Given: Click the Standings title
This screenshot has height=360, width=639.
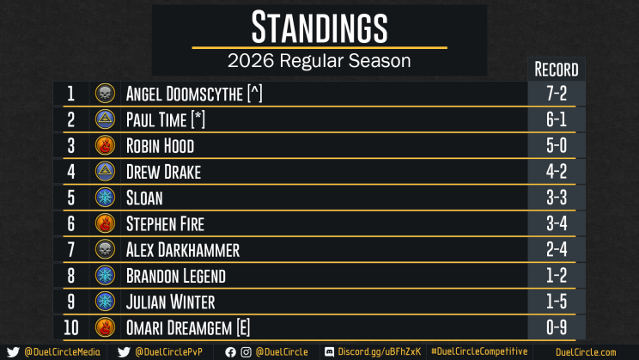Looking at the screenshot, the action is (x=319, y=27).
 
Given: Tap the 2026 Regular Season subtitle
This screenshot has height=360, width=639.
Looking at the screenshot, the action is (x=319, y=61).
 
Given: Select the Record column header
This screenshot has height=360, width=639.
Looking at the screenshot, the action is (x=557, y=70).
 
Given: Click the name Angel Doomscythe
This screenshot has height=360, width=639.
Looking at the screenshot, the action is (x=184, y=94).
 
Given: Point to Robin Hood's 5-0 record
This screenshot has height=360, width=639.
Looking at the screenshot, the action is (x=557, y=145).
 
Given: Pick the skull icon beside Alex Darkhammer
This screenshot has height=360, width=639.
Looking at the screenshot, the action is (x=105, y=249).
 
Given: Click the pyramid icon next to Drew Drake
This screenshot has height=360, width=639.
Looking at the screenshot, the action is (x=105, y=171).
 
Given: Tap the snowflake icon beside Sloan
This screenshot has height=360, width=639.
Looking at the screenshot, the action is (x=105, y=198).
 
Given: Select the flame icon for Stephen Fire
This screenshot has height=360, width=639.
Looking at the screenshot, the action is (x=105, y=223).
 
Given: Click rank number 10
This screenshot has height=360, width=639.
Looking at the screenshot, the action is (x=71, y=327).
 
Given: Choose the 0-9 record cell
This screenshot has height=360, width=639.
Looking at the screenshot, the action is (x=557, y=327).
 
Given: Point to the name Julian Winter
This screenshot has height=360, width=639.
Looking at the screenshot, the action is (x=170, y=302).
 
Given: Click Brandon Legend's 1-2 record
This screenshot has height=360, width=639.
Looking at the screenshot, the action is (x=557, y=276).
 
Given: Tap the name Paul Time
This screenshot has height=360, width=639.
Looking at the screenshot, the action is (x=156, y=120).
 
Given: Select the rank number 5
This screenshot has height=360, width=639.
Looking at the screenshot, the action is (x=71, y=198).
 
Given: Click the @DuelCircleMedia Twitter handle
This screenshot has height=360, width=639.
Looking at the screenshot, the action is (x=62, y=352).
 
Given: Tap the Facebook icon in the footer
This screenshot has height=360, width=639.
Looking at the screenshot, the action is (x=230, y=352).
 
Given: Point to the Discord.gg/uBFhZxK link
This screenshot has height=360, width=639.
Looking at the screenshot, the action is (x=379, y=352).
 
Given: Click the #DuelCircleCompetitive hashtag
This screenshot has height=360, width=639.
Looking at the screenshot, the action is (x=479, y=351).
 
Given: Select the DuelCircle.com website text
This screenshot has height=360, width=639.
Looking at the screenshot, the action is (x=586, y=352).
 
